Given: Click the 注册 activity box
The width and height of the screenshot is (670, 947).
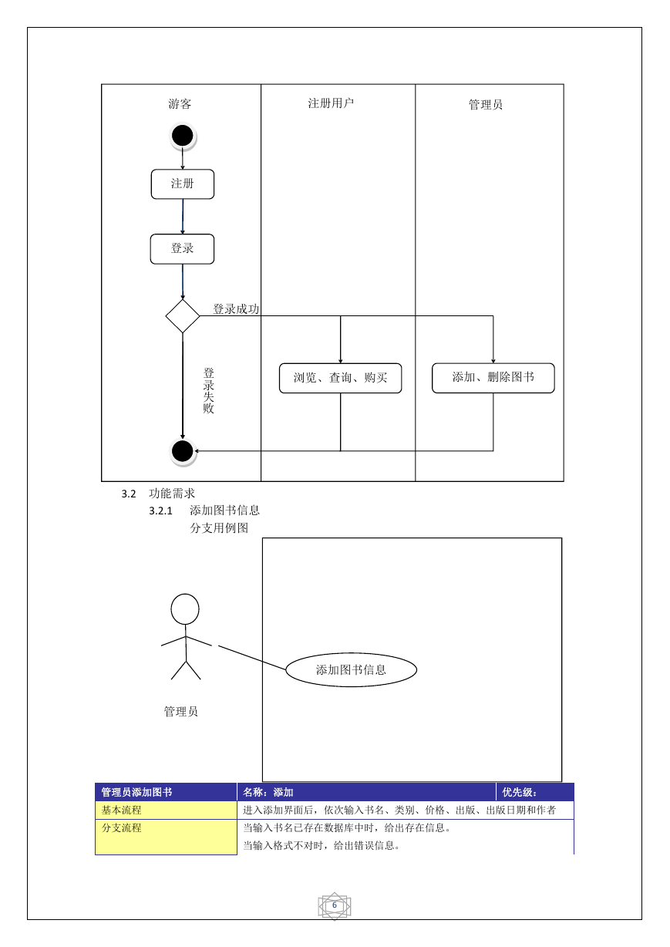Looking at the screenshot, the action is click(183, 184).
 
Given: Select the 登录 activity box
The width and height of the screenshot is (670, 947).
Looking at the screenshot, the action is click(182, 249).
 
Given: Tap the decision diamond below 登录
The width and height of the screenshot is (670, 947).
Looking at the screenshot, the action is click(183, 316).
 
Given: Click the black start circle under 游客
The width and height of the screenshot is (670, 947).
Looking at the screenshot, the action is click(183, 136).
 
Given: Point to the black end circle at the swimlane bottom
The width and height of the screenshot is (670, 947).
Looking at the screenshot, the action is click(183, 451).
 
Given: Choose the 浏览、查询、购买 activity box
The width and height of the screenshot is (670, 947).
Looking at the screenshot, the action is click(340, 378).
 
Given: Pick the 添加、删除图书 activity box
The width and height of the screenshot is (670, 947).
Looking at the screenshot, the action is click(493, 378).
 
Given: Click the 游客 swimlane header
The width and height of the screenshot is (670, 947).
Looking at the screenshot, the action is click(180, 103).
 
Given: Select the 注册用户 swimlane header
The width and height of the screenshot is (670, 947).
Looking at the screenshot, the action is click(331, 103).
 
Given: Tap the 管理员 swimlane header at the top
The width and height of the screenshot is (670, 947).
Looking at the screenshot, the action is click(485, 104).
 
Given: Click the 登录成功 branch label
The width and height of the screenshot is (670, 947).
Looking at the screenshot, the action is click(236, 308).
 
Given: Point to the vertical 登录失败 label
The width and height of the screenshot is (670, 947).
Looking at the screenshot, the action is click(208, 390).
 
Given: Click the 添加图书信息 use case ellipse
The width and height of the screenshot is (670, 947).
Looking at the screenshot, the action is click(352, 669).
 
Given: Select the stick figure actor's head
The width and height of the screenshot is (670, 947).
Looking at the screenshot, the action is click(185, 608).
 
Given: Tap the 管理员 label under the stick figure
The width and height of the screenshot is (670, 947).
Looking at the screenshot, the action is click(181, 711).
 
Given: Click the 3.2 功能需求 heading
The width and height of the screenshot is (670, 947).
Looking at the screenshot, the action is click(158, 494).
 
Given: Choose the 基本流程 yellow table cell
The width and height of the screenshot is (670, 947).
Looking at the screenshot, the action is click(166, 810).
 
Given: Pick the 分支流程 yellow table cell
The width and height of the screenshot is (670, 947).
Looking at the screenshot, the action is click(166, 837).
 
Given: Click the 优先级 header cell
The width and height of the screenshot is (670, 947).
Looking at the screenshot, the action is click(535, 792).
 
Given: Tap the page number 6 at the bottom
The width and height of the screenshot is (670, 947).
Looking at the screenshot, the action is click(335, 905).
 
